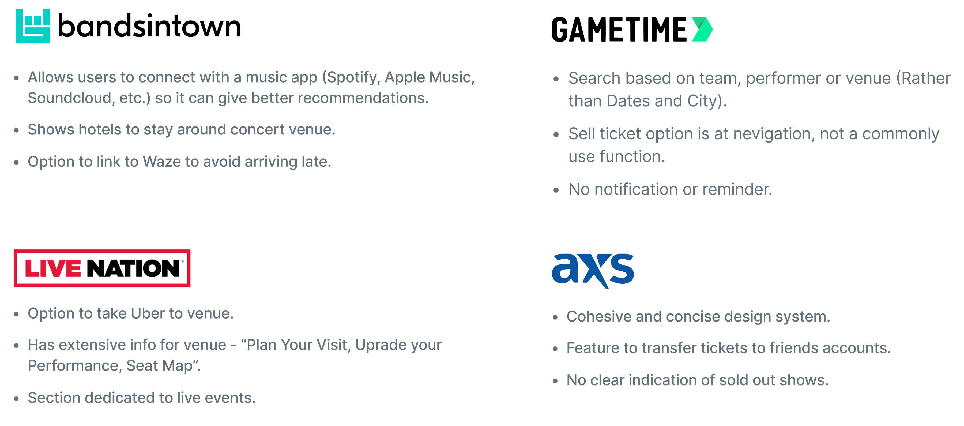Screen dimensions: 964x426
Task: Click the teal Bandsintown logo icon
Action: click(x=33, y=26)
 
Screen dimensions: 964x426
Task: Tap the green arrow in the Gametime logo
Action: click(x=702, y=29)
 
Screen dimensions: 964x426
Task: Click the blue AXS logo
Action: click(x=593, y=271)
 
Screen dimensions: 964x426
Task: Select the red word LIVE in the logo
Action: click(x=53, y=268)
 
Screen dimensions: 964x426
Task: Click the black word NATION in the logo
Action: click(x=133, y=268)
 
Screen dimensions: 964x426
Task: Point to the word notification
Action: click(x=636, y=189)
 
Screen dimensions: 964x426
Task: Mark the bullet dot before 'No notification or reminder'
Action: click(x=556, y=190)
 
